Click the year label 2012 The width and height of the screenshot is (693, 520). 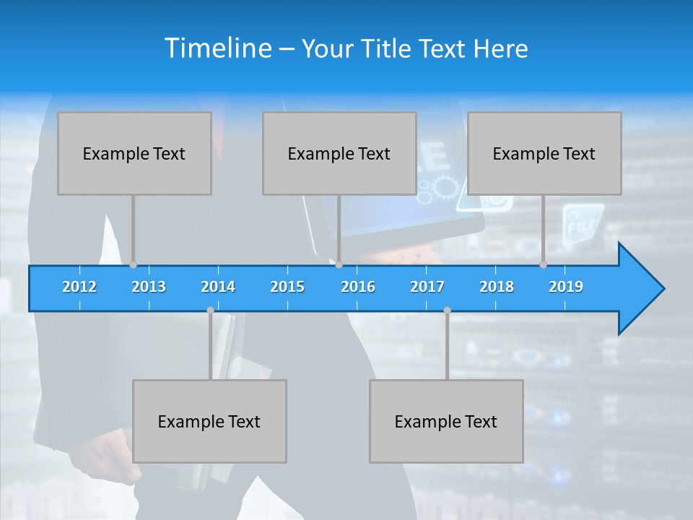coord(79,287)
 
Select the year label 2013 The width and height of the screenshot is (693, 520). coord(149,287)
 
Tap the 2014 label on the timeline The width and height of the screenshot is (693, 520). coord(218,287)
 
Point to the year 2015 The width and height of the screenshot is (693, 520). coord(287,287)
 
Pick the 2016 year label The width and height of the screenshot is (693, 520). coord(358,287)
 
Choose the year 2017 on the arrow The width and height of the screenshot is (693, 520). coord(427,287)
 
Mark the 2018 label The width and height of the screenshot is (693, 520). coord(497,287)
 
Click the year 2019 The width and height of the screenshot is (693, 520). coord(566,287)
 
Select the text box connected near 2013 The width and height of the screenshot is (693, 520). coord(134,154)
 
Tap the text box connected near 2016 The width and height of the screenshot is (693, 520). coord(339,154)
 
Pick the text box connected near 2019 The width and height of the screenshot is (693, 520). coord(544,154)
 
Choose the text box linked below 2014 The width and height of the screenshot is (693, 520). coord(209,421)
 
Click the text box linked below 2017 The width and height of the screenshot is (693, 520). coord(446,421)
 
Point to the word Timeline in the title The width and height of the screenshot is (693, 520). coord(217,48)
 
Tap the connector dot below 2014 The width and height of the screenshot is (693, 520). coord(210,311)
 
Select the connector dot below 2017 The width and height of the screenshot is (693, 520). coord(447,311)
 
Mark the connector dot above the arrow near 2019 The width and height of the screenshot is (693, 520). coord(544,265)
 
